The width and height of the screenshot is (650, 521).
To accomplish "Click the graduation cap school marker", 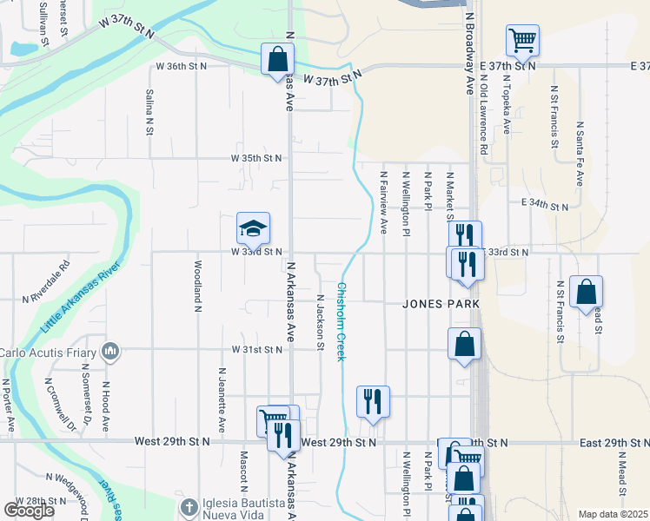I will tap(253, 229).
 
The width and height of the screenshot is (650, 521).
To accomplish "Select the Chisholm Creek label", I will tap(342, 322).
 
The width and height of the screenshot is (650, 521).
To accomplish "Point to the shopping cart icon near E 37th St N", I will tap(522, 40).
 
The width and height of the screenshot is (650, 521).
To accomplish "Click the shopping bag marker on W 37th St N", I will tap(277, 60).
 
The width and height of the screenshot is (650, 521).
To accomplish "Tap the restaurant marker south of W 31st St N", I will tap(373, 401).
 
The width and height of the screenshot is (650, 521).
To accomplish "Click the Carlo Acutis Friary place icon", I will tap(110, 351).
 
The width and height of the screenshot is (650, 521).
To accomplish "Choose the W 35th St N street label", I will tap(256, 158).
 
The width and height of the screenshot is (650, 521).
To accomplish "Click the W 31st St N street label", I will tap(256, 349).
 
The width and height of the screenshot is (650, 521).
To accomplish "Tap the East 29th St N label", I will tap(614, 443).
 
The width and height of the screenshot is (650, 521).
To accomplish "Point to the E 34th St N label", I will tap(545, 206).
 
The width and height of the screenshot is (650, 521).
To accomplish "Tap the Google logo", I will tap(29, 511).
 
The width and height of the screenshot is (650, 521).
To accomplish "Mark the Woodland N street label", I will tap(198, 286).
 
